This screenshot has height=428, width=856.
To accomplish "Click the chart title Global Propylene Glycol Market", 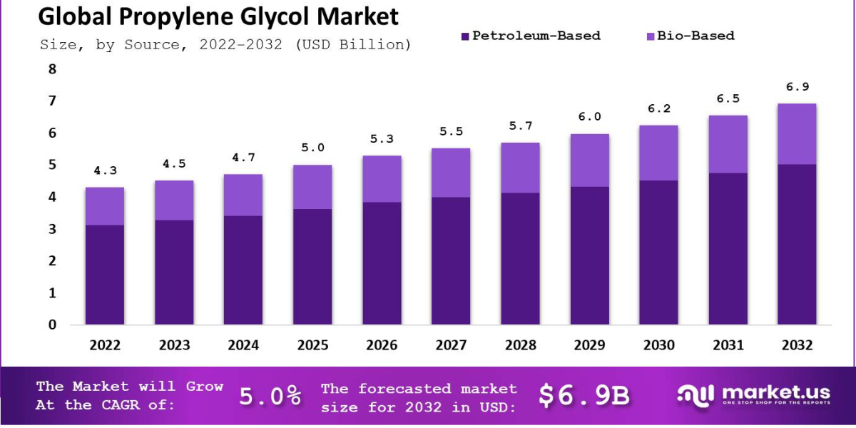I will tap(218, 16).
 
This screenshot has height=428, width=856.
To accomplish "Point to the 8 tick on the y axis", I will tap(51, 69).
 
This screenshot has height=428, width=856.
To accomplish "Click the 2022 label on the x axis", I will tap(105, 345).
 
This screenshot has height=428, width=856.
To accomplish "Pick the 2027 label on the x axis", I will tap(451, 345).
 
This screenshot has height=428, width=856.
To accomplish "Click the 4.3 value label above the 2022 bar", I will tap(105, 172).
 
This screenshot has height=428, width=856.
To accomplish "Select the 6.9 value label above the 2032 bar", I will tap(797, 87).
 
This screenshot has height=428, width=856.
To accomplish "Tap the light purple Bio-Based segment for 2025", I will tap(312, 187).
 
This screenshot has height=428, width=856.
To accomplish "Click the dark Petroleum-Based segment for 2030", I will tap(658, 253).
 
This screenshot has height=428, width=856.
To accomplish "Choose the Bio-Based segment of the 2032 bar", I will tap(797, 134).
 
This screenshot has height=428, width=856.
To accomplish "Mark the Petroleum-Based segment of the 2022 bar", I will tap(105, 275).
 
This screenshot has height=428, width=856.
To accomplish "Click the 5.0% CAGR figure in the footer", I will tap(270, 397).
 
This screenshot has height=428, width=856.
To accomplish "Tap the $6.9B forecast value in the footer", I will tap(584, 396).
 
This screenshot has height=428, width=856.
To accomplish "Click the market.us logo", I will tap(753, 394).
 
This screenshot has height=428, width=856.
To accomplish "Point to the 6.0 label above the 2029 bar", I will tap(589, 117).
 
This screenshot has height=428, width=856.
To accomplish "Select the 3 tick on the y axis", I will tap(51, 229).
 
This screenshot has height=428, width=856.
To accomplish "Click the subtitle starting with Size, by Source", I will tap(225, 45).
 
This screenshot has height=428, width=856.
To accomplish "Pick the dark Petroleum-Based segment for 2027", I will tap(451, 260).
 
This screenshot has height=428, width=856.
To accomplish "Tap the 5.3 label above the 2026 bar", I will tap(382, 139).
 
